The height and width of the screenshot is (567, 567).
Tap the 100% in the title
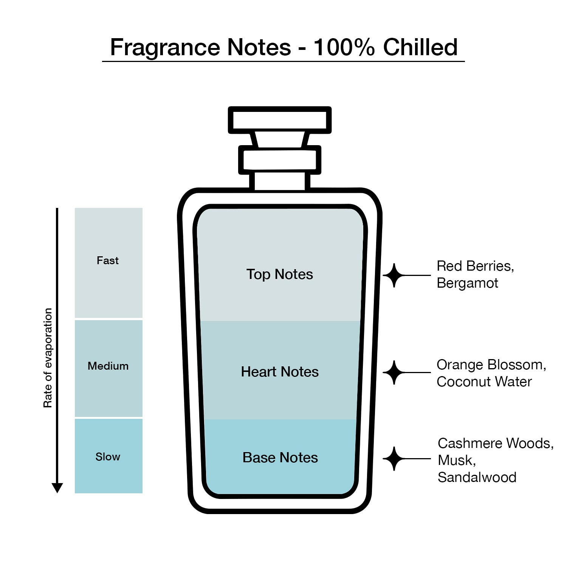click(x=344, y=47)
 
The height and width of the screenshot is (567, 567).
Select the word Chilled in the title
click(x=420, y=47)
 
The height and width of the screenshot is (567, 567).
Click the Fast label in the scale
click(x=108, y=260)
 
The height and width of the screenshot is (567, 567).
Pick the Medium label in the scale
click(x=108, y=366)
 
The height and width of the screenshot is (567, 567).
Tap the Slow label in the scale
click(x=108, y=457)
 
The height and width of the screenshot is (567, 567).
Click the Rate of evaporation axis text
click(x=48, y=358)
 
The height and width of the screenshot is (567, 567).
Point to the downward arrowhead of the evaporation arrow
click(x=57, y=488)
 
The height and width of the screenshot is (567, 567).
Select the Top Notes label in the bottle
click(x=280, y=274)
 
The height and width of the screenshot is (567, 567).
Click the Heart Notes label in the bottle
click(x=280, y=372)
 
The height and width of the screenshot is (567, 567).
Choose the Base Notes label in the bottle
click(x=280, y=457)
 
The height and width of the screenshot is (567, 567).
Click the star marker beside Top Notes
click(x=394, y=275)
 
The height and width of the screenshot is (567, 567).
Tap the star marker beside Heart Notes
click(x=394, y=372)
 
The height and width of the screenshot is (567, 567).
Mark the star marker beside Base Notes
click(x=394, y=459)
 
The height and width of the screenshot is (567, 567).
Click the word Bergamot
click(x=468, y=283)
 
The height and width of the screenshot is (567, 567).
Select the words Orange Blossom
click(x=491, y=365)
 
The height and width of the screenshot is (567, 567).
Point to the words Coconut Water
click(x=484, y=382)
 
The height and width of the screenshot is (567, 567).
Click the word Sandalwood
click(x=477, y=477)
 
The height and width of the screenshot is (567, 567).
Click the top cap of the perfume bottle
click(x=280, y=120)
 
